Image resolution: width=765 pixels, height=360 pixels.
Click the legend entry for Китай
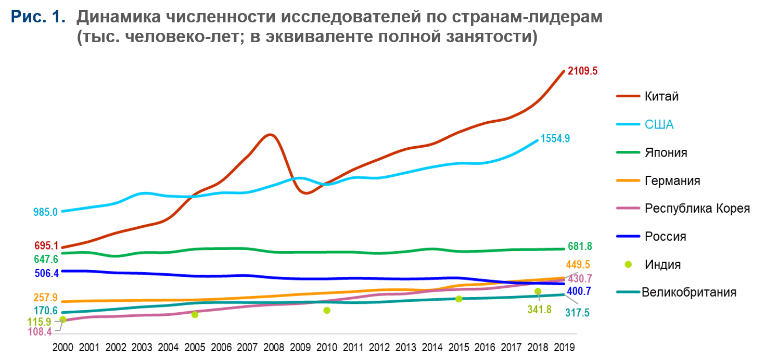point(661,96)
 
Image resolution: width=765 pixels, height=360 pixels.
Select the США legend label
point(659,124)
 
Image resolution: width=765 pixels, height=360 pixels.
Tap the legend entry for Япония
point(666,152)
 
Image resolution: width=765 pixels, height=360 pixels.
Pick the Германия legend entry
point(672,181)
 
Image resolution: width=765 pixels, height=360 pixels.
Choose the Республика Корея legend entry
point(697,209)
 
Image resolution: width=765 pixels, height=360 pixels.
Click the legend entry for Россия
point(665,236)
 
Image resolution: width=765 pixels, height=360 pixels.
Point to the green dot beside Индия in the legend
point(628,264)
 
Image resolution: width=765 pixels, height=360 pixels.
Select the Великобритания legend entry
point(689,292)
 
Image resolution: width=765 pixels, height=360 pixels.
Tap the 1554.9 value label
point(555,138)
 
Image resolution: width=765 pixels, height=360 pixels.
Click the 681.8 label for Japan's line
point(580,246)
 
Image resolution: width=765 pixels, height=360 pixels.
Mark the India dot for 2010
point(327,311)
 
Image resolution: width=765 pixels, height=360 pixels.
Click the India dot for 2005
point(195,315)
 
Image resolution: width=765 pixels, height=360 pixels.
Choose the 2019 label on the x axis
point(565,346)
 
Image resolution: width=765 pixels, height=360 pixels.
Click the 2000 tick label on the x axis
point(63,346)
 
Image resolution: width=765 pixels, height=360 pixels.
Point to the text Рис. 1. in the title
point(38,17)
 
